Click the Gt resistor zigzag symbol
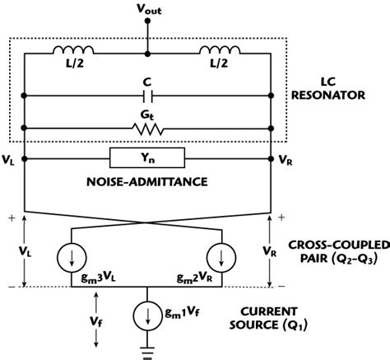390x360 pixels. tap(148, 129)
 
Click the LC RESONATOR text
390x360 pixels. tap(333, 91)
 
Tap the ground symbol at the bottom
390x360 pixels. tap(148, 352)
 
